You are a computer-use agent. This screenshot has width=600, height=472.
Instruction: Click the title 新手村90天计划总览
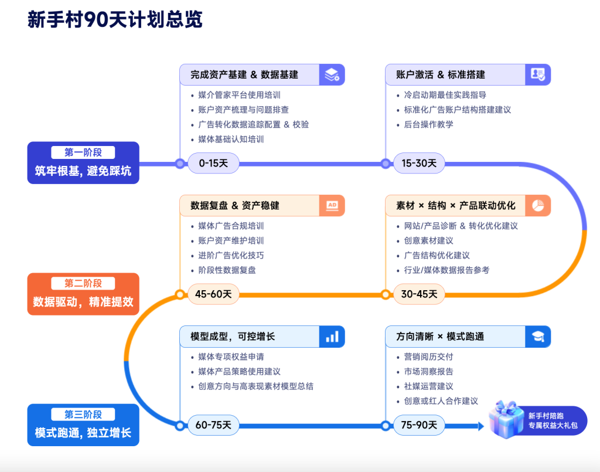pyautogui.click(x=115, y=20)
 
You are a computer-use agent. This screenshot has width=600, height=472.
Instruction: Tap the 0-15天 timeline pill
pyautogui.click(x=213, y=163)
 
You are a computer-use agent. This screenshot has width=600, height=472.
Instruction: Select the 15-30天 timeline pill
pyautogui.click(x=419, y=163)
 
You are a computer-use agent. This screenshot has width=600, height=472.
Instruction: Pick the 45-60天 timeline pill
pyautogui.click(x=213, y=294)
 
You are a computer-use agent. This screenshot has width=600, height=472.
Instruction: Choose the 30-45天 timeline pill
pyautogui.click(x=419, y=294)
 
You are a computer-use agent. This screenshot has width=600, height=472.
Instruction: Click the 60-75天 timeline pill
pyautogui.click(x=213, y=425)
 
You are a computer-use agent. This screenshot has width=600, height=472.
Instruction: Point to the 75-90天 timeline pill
pyautogui.click(x=419, y=425)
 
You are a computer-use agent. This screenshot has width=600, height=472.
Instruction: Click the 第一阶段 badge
pyautogui.click(x=83, y=152)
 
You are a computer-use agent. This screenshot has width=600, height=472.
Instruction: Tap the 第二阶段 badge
pyautogui.click(x=83, y=284)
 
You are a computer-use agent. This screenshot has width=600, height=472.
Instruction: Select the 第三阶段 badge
pyautogui.click(x=83, y=415)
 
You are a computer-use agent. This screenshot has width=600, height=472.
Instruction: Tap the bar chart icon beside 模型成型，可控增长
pyautogui.click(x=332, y=337)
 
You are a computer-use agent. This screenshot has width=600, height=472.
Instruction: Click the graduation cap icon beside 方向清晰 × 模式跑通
pyautogui.click(x=538, y=337)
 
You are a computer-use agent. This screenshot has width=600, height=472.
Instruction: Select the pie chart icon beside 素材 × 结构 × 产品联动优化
pyautogui.click(x=538, y=205)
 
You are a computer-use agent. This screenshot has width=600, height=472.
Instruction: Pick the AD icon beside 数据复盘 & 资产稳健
pyautogui.click(x=332, y=205)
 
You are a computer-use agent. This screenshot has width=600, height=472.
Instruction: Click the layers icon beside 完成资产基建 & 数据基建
pyautogui.click(x=332, y=74)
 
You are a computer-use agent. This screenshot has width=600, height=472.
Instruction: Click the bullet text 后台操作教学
pyautogui.click(x=428, y=124)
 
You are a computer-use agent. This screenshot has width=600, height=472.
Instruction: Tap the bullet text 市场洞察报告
pyautogui.click(x=428, y=371)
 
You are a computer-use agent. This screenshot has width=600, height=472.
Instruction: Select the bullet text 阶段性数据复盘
pyautogui.click(x=227, y=270)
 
